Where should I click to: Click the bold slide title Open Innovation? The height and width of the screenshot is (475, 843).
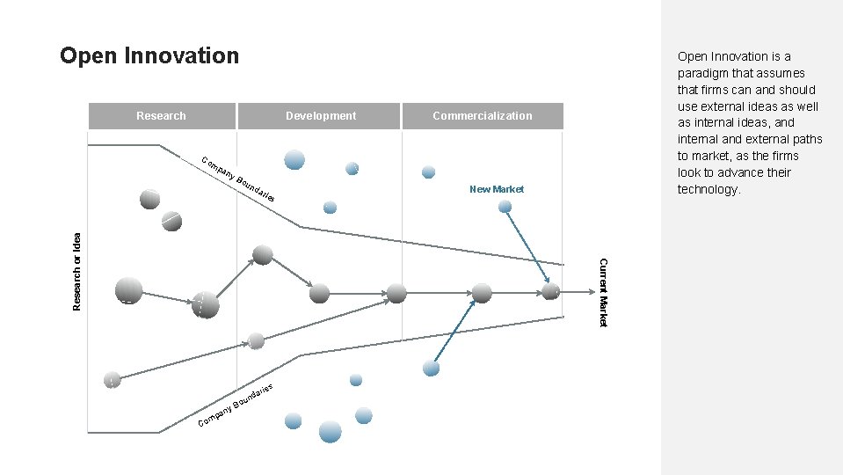pos(149,56)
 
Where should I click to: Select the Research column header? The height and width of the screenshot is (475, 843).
pos(161,115)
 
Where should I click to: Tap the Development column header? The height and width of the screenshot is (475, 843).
pos(321,115)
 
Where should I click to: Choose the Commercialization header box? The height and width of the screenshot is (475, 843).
pos(482,115)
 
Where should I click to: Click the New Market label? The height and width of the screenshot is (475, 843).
pos(497,189)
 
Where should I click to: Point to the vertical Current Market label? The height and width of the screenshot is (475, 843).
pos(603,291)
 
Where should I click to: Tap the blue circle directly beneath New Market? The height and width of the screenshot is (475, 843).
pos(505,207)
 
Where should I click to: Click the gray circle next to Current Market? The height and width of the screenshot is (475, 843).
pos(551,291)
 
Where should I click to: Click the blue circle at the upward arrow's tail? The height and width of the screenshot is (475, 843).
pos(431,368)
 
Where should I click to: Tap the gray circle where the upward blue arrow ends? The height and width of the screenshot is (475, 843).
pos(481,292)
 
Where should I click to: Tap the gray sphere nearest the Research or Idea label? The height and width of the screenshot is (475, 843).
pos(127,289)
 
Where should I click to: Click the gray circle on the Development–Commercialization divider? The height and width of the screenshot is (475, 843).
pos(397,293)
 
